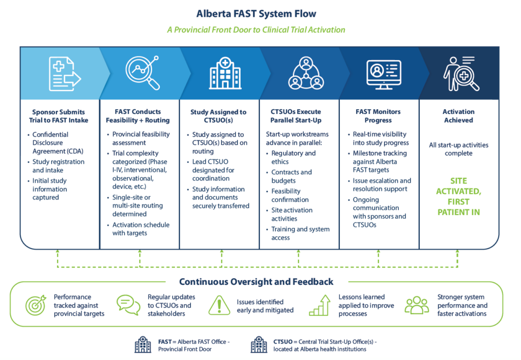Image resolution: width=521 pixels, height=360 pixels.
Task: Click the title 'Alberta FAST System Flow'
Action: tap(256, 14)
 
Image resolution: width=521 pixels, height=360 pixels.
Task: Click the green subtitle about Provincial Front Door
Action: tap(256, 30)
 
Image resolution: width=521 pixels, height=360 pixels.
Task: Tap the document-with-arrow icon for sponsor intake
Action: tap(65, 74)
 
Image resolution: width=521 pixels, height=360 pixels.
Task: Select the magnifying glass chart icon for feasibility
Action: tap(142, 73)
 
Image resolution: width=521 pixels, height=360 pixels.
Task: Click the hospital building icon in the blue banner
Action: tap(225, 73)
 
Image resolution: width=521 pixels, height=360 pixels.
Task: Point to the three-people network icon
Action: tap(306, 73)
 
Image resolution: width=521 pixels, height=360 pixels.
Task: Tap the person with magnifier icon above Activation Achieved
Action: tap(461, 74)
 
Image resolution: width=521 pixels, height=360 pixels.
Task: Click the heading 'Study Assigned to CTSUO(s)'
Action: tap(218, 116)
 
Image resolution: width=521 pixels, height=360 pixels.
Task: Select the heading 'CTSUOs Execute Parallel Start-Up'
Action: tap(296, 116)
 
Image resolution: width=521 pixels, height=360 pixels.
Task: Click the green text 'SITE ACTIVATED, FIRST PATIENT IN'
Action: tap(458, 197)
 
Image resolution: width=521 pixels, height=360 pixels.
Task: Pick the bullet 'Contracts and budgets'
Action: tap(292, 176)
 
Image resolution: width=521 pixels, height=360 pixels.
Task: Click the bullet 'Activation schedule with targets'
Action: tap(140, 229)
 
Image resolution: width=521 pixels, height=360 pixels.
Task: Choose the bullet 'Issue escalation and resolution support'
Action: tap(382, 185)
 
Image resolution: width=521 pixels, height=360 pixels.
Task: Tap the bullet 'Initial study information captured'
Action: tap(49, 189)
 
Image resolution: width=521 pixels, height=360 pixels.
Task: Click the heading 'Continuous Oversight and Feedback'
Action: tap(256, 282)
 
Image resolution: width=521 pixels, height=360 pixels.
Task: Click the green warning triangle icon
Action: tap(219, 305)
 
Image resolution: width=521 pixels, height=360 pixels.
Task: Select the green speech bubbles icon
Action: tap(128, 305)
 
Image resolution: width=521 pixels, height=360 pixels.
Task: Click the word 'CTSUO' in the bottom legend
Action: tap(283, 342)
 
